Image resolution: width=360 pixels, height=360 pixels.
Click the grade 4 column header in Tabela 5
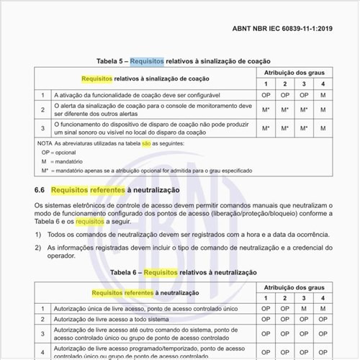tap(323, 84)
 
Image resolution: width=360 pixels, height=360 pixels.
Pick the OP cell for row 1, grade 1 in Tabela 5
tap(266, 95)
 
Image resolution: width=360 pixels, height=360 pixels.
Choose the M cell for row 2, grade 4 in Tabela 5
tap(323, 109)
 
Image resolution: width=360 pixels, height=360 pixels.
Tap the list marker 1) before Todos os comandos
tap(38, 235)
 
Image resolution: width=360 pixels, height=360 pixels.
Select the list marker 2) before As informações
tap(38, 247)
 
